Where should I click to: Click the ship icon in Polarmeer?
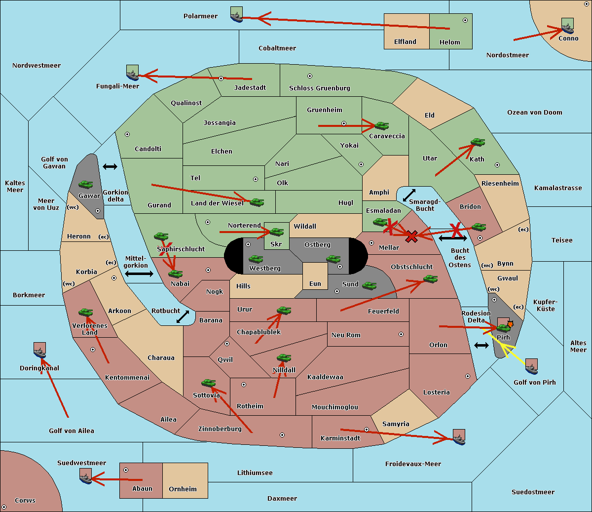click(237, 15)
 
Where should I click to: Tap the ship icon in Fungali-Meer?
click(132, 73)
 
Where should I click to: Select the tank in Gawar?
click(86, 184)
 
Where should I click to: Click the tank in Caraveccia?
click(382, 125)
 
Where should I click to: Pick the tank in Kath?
click(478, 142)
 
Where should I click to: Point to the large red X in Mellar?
click(411, 236)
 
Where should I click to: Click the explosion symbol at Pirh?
click(510, 324)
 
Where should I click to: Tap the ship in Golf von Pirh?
click(532, 366)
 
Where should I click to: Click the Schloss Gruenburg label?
click(320, 88)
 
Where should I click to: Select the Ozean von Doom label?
click(535, 113)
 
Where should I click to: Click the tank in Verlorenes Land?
click(86, 312)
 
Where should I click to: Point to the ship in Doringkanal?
click(39, 350)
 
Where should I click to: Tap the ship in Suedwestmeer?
click(86, 476)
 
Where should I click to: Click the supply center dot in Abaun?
click(126, 470)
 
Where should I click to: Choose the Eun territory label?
click(315, 283)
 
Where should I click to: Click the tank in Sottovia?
click(209, 383)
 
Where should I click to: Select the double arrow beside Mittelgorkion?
click(139, 274)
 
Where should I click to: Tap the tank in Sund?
click(369, 285)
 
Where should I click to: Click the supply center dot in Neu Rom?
click(401, 334)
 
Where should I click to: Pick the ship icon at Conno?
click(567, 26)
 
